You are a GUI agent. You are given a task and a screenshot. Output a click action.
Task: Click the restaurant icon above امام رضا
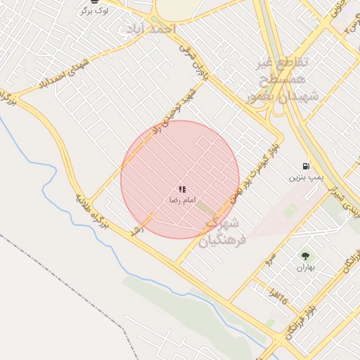click(x=182, y=189)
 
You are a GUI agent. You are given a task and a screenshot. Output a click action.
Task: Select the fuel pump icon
click(x=305, y=166)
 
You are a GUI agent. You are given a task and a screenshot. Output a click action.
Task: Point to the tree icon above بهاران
click(x=305, y=257)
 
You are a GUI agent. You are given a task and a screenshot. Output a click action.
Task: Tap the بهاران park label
click(x=306, y=267)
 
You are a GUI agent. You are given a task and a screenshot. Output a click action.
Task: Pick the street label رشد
click(x=136, y=229)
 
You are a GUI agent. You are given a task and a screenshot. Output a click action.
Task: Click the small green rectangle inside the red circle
click(x=207, y=208)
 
